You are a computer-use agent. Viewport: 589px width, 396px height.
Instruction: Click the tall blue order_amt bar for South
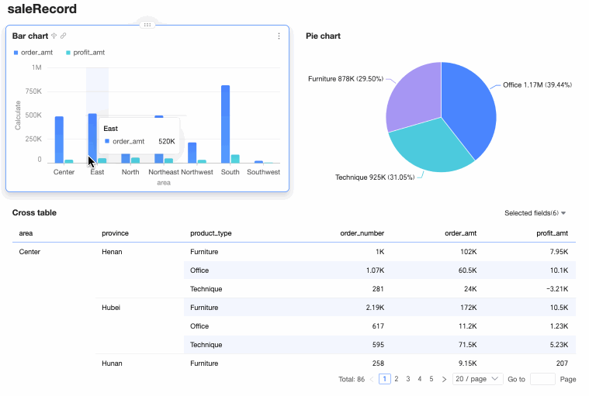225,124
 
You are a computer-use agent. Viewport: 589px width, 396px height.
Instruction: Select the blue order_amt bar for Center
59,139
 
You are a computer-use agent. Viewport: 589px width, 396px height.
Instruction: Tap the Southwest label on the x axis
263,172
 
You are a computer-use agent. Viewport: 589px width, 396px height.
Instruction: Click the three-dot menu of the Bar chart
279,36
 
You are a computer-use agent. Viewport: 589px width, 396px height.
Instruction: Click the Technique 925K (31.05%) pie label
376,177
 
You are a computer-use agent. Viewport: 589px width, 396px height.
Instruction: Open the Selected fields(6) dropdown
535,213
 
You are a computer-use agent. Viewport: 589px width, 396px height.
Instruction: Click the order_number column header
362,233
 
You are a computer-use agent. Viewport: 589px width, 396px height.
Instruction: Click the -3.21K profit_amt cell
556,289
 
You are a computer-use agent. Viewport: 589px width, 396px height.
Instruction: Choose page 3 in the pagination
408,379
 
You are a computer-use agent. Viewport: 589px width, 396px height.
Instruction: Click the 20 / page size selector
478,379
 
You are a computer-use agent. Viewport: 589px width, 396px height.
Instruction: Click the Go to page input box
542,379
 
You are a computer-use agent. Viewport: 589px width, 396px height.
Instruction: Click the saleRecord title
42,9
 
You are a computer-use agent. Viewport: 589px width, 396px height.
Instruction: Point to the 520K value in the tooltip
166,142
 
